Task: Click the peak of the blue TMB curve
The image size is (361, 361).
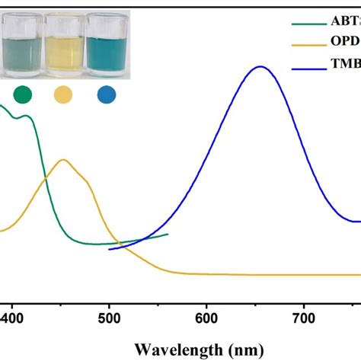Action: [x=260, y=67]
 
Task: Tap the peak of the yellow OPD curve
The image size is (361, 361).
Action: [x=64, y=160]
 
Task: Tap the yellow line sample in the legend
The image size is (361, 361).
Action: [x=308, y=46]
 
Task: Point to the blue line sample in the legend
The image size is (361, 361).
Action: [x=308, y=69]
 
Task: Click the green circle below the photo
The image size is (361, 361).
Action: [x=24, y=94]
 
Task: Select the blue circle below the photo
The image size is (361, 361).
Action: [x=107, y=94]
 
